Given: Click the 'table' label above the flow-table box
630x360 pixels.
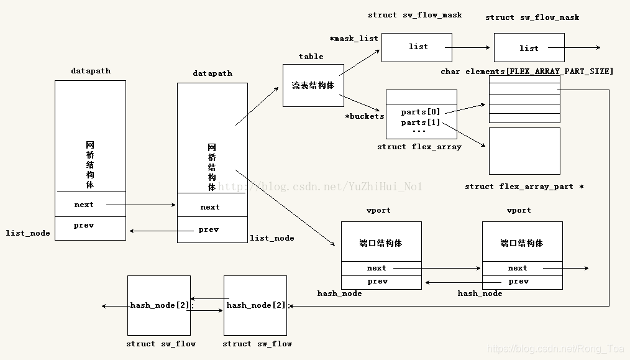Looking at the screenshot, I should click(311, 57).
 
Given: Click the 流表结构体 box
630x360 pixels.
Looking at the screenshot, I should click(313, 85).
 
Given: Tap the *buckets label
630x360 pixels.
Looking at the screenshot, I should click(365, 116).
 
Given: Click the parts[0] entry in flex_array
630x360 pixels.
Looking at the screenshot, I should click(420, 112).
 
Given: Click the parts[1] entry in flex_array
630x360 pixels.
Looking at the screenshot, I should click(420, 122).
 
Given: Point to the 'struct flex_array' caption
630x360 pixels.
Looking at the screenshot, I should click(419, 147).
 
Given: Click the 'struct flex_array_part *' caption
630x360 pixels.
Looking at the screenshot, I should click(524, 187).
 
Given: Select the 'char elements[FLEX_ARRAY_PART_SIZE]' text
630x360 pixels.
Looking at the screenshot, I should click(527, 72).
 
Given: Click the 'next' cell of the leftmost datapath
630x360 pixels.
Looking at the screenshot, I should click(84, 205).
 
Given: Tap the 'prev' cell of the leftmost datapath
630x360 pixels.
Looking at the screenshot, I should click(84, 225).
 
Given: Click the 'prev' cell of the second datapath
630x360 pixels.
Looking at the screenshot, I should click(209, 229).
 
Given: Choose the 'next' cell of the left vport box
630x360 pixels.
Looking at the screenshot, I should click(377, 268).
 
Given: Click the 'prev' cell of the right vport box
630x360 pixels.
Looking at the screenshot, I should click(518, 281).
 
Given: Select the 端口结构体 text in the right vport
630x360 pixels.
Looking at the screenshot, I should click(522, 243).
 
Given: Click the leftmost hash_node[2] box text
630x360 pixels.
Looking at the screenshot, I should click(160, 305).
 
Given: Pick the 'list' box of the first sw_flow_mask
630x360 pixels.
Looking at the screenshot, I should click(418, 47).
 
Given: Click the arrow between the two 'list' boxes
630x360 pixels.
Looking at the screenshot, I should click(469, 47).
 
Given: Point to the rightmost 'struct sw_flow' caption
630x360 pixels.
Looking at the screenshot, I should click(257, 344).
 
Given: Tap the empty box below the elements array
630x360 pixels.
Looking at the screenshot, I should click(524, 151).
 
